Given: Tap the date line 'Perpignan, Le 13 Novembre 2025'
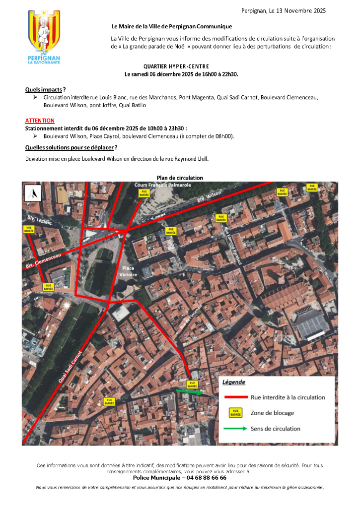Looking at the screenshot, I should tap(283, 10).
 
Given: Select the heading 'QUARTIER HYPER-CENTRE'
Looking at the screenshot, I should tap(176, 66).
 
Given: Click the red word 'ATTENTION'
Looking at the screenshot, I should tap(40, 121).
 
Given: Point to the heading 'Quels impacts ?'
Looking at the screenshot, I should tap(45, 89).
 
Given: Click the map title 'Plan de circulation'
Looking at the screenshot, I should tap(180, 178).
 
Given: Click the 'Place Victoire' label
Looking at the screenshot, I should tap(129, 271).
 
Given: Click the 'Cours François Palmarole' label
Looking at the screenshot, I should tap(163, 185).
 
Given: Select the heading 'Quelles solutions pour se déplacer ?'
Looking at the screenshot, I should tap(71, 148).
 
